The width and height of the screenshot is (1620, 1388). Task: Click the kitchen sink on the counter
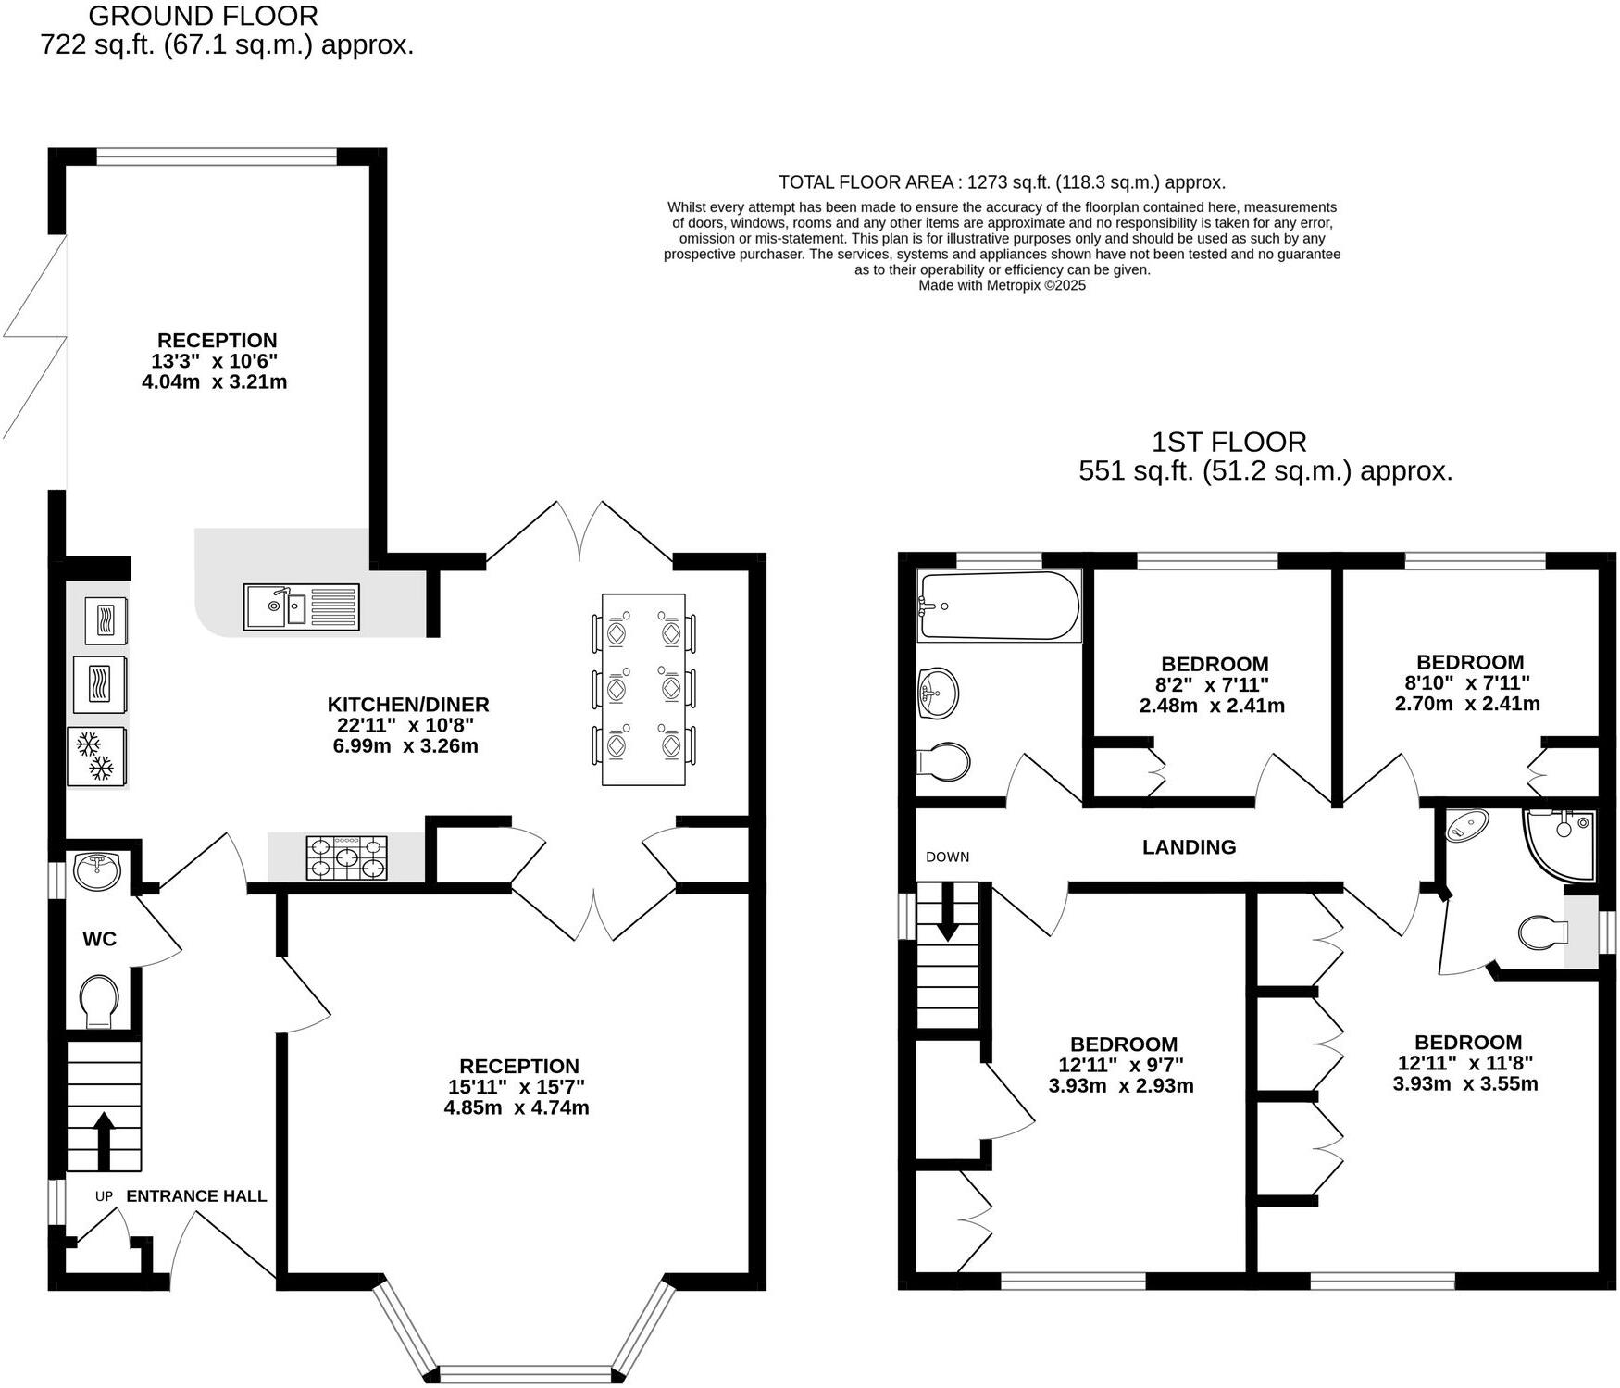(302, 606)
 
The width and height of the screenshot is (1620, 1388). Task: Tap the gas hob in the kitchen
(347, 857)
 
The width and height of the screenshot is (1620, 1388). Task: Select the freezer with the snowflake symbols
(96, 756)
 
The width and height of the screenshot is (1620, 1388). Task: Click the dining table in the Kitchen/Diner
(643, 689)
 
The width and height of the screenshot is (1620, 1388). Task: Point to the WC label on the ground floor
(100, 939)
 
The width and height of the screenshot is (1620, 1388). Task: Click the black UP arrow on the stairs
(103, 1141)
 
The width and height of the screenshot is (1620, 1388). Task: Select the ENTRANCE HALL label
(196, 1195)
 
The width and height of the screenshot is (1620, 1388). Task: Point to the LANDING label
(1189, 846)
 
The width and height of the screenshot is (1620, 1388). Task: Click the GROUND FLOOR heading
(204, 16)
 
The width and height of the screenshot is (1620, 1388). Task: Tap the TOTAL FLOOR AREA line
(1002, 182)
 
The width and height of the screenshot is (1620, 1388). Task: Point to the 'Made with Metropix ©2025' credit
(1002, 285)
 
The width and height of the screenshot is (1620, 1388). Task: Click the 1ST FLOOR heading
(1228, 442)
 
